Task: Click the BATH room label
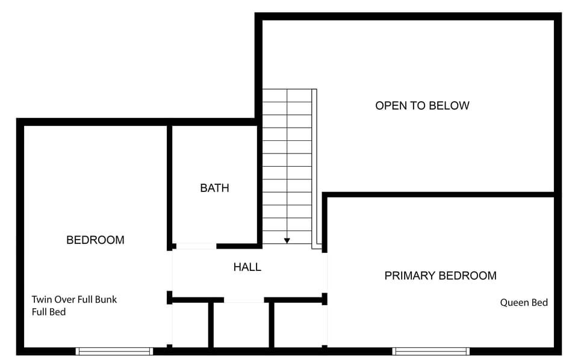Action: coord(214,188)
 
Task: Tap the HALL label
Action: coord(247,267)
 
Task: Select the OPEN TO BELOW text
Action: coord(422,105)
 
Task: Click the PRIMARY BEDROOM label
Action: coord(440,276)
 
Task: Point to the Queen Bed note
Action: coord(524,303)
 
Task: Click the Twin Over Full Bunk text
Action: coord(74,299)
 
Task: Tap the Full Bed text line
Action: coord(49,312)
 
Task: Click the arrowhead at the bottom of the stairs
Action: coord(287,240)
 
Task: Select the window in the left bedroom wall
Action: coord(114,351)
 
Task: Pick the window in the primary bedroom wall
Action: coord(431,351)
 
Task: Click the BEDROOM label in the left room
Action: coord(95,240)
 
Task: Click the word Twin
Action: coord(42,299)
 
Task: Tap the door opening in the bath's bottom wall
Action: coord(195,246)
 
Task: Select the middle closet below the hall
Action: coord(241,325)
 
